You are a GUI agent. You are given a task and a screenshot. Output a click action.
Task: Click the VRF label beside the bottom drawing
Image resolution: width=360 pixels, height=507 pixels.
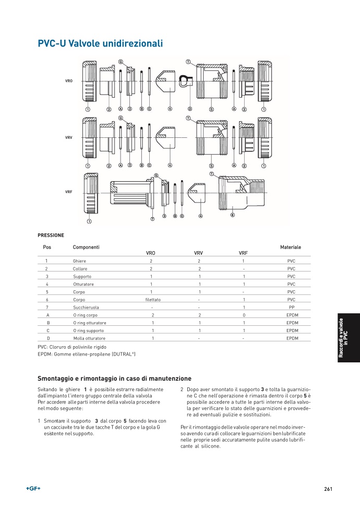click(68, 192)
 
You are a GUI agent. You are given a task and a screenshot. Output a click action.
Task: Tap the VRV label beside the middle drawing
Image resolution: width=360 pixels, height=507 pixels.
click(68, 137)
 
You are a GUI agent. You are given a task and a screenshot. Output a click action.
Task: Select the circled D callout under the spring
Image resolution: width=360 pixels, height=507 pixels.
click(189, 109)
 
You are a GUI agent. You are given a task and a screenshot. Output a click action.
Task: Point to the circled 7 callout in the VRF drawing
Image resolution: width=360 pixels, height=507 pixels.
click(152, 219)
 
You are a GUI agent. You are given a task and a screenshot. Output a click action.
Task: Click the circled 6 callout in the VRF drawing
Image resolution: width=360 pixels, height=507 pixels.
click(232, 215)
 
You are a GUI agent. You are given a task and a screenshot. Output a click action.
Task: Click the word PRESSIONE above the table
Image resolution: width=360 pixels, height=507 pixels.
click(51, 235)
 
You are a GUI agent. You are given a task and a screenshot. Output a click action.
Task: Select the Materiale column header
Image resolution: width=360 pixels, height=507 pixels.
click(290, 247)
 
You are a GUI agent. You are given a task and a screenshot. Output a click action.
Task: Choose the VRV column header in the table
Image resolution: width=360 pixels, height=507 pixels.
click(198, 253)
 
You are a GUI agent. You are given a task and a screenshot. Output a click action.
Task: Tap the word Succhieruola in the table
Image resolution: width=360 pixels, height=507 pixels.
click(85, 308)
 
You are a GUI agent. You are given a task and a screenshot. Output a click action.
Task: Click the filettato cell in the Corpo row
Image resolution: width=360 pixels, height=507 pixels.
click(153, 300)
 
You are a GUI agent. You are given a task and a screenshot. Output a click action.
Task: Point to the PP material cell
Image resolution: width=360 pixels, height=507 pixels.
click(292, 308)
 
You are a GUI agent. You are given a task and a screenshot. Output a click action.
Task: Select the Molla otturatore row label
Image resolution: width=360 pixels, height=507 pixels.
click(89, 338)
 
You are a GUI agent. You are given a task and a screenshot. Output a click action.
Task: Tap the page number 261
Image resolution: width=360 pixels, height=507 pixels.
click(328, 489)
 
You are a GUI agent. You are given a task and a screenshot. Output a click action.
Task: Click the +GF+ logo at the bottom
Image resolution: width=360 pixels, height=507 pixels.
click(33, 489)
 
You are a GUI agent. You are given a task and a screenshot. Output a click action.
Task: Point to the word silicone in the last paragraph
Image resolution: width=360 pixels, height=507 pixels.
click(209, 446)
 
